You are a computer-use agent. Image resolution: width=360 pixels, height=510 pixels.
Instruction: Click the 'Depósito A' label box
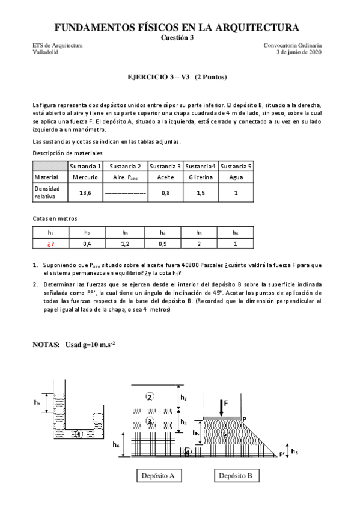click(157, 475)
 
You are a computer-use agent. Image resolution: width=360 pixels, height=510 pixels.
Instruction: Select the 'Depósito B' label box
click(235, 475)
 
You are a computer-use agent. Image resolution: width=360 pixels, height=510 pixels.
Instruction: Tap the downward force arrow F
click(222, 407)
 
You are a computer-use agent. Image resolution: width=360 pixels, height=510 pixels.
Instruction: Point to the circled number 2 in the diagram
click(150, 396)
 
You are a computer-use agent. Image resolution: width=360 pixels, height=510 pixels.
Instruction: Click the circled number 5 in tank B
click(225, 432)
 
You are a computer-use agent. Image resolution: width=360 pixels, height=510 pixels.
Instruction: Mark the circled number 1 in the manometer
click(79, 434)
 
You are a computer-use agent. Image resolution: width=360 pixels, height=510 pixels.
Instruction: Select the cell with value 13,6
click(85, 192)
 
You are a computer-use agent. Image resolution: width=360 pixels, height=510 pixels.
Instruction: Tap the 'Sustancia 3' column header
click(165, 166)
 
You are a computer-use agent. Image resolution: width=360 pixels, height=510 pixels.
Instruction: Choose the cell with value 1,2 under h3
click(125, 244)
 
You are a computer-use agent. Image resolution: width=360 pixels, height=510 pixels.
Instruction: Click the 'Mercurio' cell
click(85, 177)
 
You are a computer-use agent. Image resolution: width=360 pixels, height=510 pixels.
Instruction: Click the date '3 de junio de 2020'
click(298, 52)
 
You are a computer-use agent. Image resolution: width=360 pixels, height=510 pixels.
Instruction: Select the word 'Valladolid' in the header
click(46, 52)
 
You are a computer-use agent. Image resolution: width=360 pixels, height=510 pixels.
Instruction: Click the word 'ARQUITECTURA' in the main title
click(262, 27)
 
